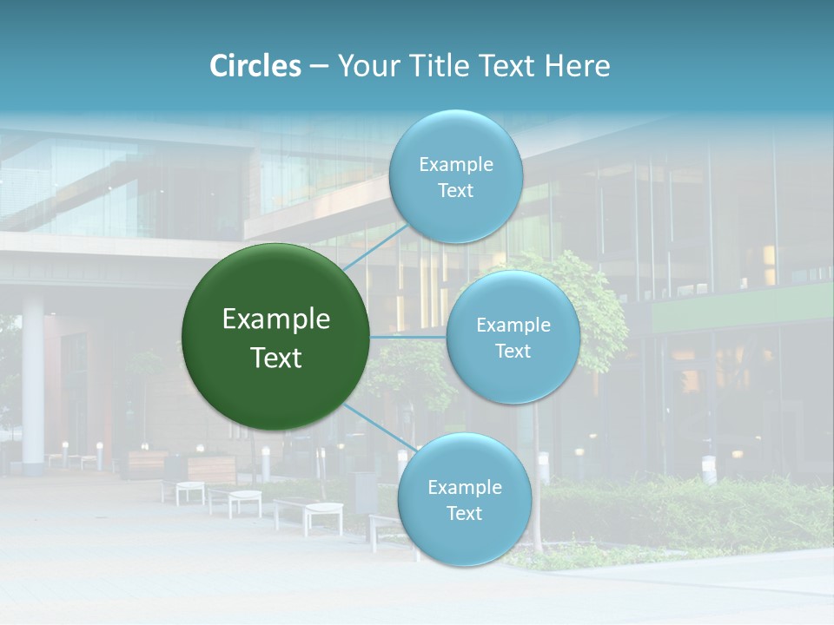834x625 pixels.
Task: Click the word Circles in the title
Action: [x=255, y=66]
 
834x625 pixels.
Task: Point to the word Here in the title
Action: [x=577, y=66]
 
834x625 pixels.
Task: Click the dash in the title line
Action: [x=319, y=67]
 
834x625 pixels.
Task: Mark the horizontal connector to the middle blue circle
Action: [x=408, y=337]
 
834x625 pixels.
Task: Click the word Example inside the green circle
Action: [x=276, y=319]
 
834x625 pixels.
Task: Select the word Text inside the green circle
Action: [x=276, y=358]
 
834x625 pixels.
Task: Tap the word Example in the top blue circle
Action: [x=455, y=165]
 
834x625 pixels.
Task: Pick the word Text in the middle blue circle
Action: [x=513, y=352]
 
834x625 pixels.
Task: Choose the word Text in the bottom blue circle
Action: [x=464, y=513]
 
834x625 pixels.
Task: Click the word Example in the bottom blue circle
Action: [x=464, y=488]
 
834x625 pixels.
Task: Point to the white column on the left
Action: [x=33, y=382]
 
